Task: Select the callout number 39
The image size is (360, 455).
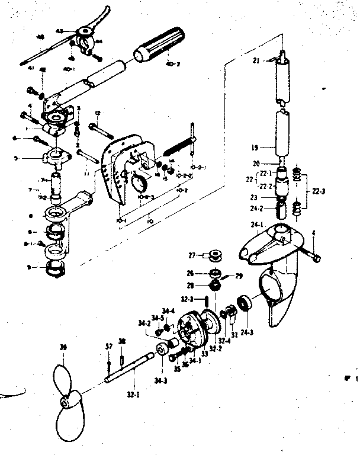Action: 64,347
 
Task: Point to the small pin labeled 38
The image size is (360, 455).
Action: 121,357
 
